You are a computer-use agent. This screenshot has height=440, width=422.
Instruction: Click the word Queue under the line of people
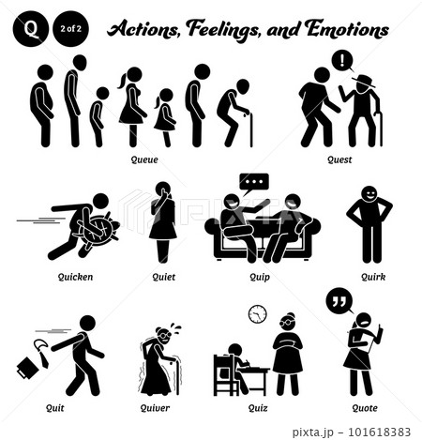pyautogui.click(x=144, y=160)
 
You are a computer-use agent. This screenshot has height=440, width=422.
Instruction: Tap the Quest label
pyautogui.click(x=339, y=160)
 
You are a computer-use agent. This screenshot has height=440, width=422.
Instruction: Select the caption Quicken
pyautogui.click(x=76, y=277)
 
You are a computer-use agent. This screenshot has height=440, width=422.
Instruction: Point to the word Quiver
pyautogui.click(x=155, y=408)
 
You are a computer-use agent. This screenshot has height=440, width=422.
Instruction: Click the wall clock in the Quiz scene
pyautogui.click(x=258, y=314)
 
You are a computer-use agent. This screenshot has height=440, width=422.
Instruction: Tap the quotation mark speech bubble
pyautogui.click(x=339, y=301)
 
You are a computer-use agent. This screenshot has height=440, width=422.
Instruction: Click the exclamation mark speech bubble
pyautogui.click(x=343, y=61)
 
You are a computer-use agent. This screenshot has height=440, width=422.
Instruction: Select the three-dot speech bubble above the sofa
pyautogui.click(x=254, y=183)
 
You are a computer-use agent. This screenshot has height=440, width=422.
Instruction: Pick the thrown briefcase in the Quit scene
pyautogui.click(x=28, y=368)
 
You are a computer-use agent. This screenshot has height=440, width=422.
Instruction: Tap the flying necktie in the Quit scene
pyautogui.click(x=42, y=353)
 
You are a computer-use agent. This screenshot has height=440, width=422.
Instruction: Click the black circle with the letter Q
pyautogui.click(x=31, y=29)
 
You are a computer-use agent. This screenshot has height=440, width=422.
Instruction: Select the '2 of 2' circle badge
pyautogui.click(x=71, y=29)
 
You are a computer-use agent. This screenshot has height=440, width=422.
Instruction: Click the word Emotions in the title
pyautogui.click(x=347, y=30)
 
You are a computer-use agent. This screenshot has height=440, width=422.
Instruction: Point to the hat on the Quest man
pyautogui.click(x=364, y=81)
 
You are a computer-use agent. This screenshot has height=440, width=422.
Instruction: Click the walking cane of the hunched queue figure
pyautogui.click(x=250, y=129)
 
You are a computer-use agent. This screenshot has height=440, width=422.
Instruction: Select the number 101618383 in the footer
pyautogui.click(x=379, y=432)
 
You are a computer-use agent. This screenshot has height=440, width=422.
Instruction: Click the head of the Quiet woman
pyautogui.click(x=163, y=190)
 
